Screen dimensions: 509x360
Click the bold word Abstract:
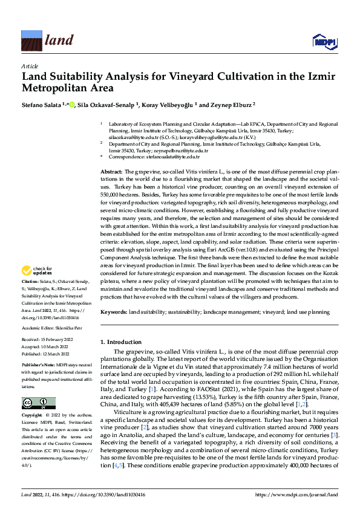(111, 172)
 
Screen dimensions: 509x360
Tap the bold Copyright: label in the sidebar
(33, 416)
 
